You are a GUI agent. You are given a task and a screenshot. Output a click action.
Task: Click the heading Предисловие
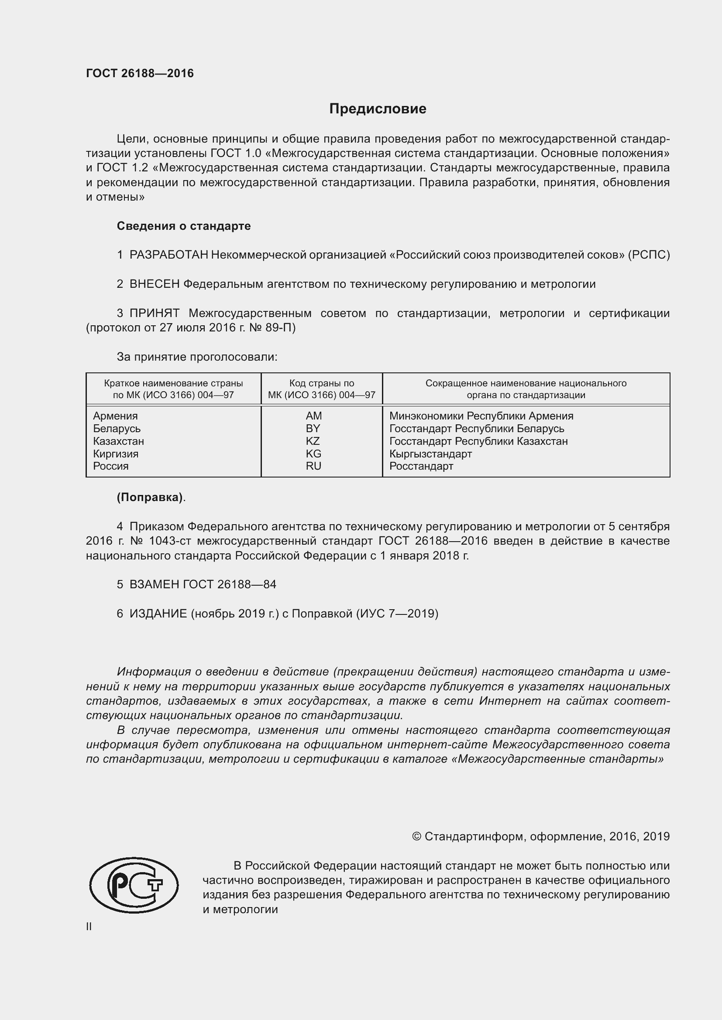378,109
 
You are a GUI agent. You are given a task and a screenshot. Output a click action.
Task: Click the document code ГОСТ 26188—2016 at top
140,73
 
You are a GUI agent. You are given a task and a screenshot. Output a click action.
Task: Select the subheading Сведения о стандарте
184,226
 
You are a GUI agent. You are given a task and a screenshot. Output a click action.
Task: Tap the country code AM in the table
313,416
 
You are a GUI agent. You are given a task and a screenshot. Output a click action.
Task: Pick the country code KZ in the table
313,441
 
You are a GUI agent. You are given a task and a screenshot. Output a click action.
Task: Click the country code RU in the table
313,466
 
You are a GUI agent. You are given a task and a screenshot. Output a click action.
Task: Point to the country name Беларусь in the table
117,429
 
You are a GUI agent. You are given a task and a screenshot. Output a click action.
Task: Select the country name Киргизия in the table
116,454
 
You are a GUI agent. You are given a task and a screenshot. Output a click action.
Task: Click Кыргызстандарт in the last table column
430,454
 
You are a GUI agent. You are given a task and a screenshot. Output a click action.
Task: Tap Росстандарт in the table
421,467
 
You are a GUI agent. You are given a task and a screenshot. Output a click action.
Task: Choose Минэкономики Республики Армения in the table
481,416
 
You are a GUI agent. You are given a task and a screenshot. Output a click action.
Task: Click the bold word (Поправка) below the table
150,498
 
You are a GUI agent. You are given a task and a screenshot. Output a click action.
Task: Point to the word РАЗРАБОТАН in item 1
168,255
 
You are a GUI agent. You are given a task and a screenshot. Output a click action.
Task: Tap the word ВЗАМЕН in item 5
154,585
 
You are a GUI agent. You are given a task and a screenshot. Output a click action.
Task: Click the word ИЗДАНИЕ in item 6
158,614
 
